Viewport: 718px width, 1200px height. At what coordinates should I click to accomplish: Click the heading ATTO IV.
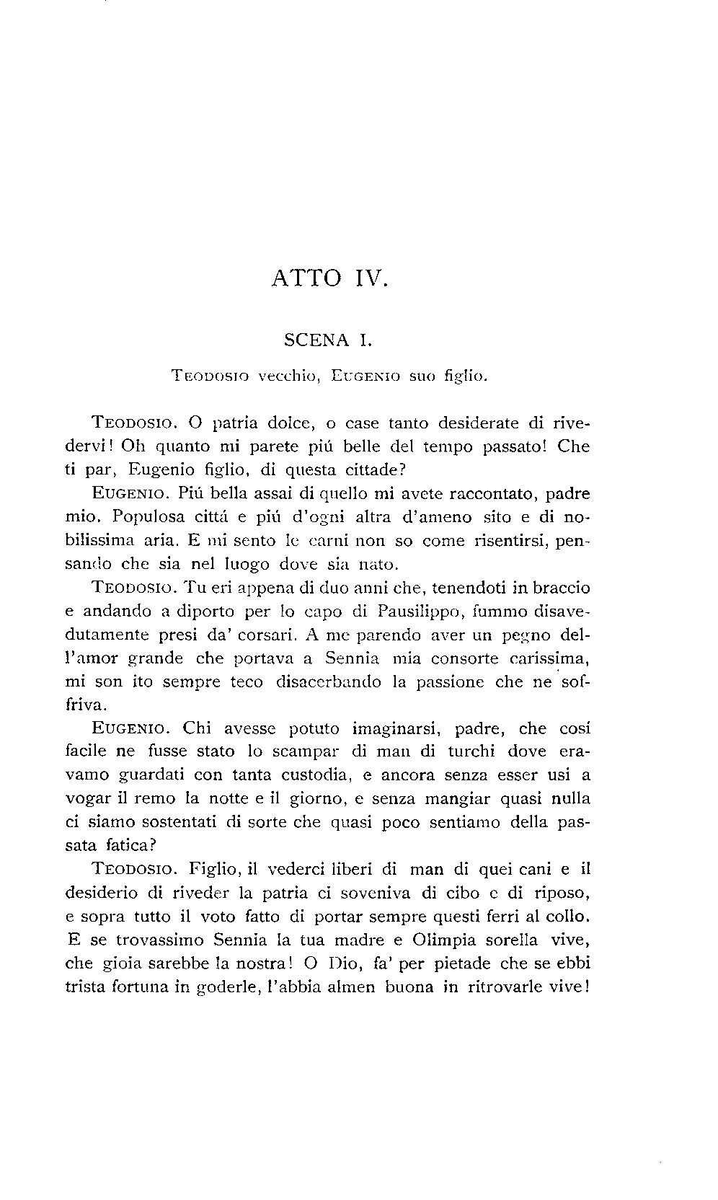coord(330,278)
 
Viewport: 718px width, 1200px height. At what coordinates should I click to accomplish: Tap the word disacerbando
coord(328,681)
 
